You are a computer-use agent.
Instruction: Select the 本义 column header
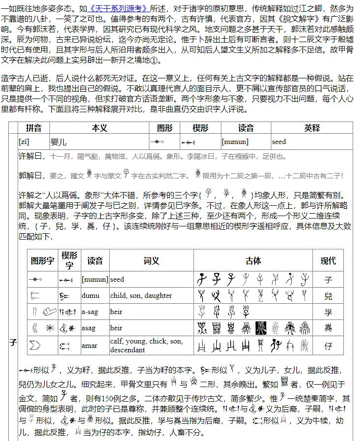pyautogui.click(x=99, y=128)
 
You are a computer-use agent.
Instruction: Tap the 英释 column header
pyautogui.click(x=312, y=128)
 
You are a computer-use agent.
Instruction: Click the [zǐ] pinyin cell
pyautogui.click(x=25, y=142)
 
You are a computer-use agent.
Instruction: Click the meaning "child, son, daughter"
pyautogui.click(x=141, y=295)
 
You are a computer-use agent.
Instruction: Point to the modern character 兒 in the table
pyautogui.click(x=328, y=296)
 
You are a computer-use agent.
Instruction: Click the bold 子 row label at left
pyautogui.click(x=13, y=343)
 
